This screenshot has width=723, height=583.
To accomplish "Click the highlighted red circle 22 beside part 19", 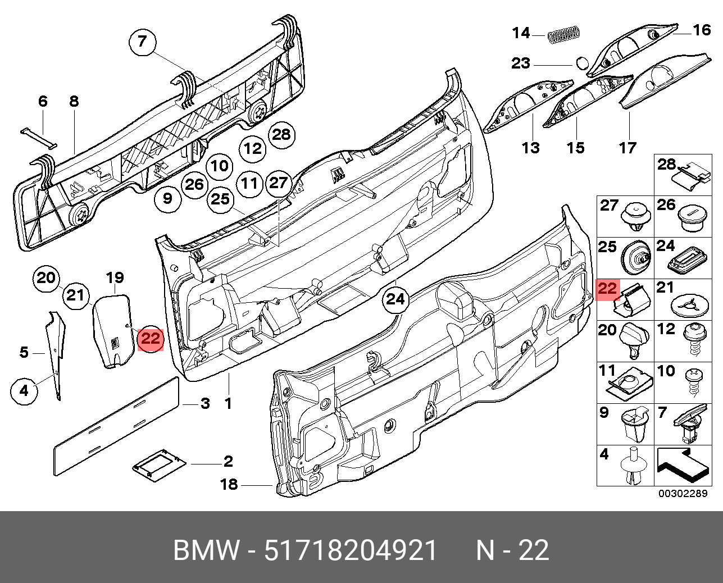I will (x=151, y=339).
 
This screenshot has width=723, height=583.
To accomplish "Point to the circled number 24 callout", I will (x=395, y=299).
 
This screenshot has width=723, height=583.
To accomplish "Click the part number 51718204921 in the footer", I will (x=351, y=550).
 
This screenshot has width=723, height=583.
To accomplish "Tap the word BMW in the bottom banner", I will (x=206, y=550).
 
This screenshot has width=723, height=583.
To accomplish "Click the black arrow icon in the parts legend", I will (x=681, y=464).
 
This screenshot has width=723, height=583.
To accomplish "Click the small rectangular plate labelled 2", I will (x=158, y=464).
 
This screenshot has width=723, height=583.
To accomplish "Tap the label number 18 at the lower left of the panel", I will (x=229, y=484).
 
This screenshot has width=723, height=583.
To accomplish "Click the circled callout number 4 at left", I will (x=24, y=390).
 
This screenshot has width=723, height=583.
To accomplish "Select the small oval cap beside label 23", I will (x=582, y=62).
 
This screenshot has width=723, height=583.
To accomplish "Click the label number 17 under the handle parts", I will (x=627, y=148).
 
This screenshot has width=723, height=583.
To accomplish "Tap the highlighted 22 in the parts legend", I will (x=607, y=289).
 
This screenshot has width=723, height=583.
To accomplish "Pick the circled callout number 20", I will (x=47, y=277).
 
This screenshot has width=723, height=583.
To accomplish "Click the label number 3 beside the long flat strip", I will (x=205, y=403).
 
